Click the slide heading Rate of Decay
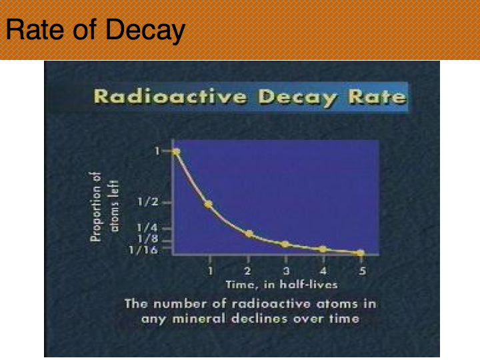(x=95, y=31)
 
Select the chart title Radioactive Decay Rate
(x=251, y=97)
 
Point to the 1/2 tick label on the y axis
(x=148, y=202)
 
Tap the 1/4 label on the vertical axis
(x=147, y=228)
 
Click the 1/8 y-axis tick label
(x=148, y=239)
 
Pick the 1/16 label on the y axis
(x=143, y=250)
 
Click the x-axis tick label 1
(x=210, y=271)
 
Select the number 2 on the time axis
(x=248, y=271)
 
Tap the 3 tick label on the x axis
(x=286, y=271)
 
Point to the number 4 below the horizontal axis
(x=323, y=271)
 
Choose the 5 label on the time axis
(x=362, y=271)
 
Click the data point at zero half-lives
(x=176, y=152)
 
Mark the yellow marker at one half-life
(x=209, y=204)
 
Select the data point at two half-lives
(x=249, y=234)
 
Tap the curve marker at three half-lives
(x=285, y=244)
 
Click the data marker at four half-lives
(x=323, y=249)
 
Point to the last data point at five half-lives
(x=361, y=253)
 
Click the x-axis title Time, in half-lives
(x=281, y=285)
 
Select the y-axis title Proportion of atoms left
(x=105, y=207)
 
